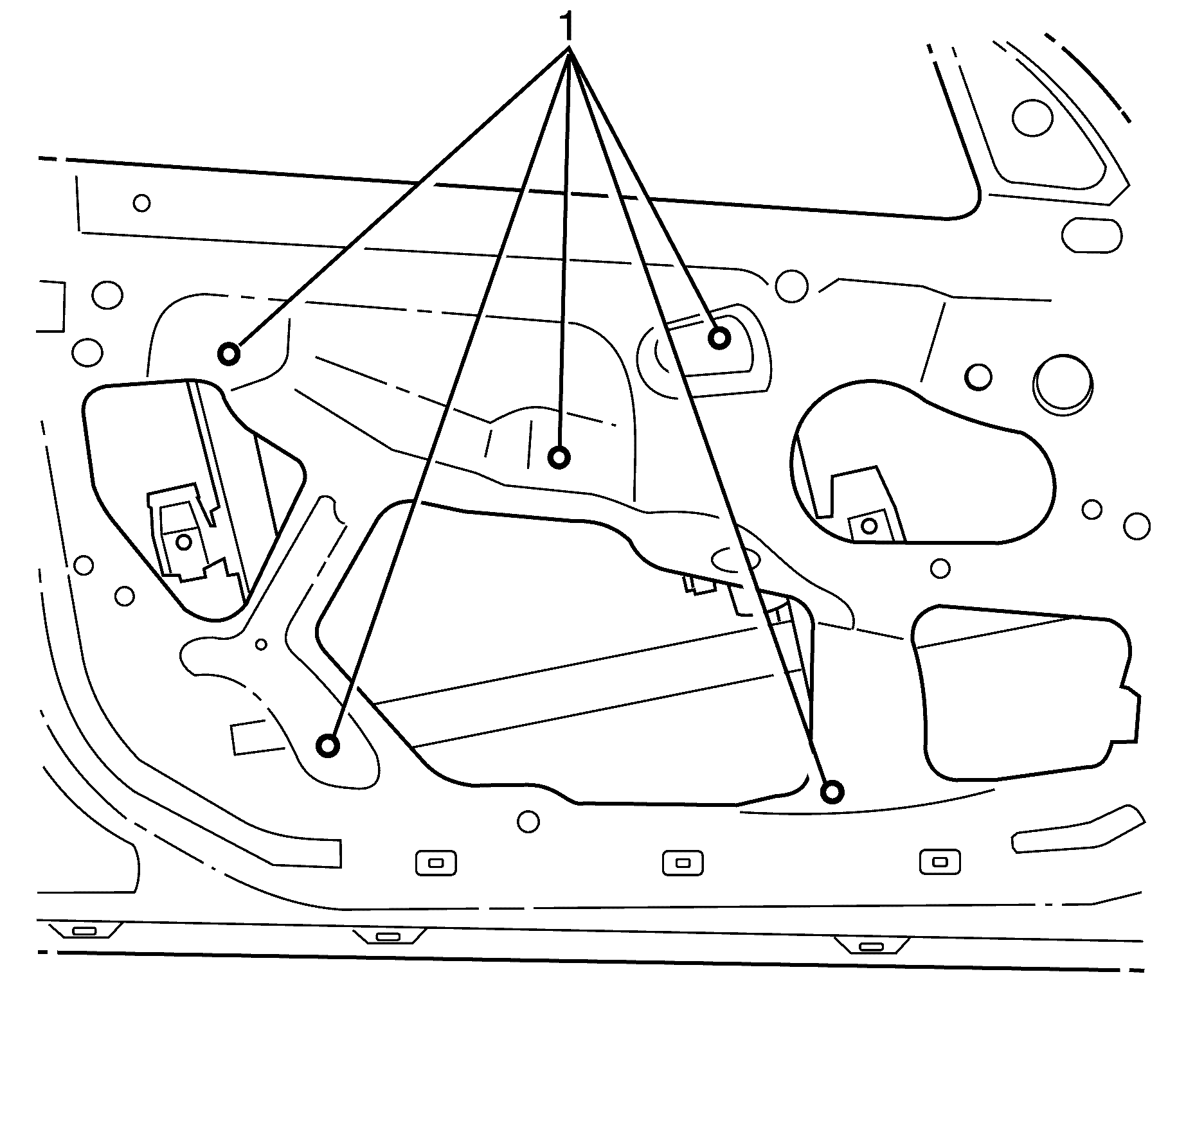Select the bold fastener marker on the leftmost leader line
tap(229, 353)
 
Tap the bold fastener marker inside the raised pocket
tap(719, 337)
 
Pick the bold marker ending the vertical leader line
tap(559, 457)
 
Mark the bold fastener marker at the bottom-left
tap(328, 746)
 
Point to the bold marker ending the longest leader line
tap(832, 792)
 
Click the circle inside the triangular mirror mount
tap(1032, 118)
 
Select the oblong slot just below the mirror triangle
tap(1092, 235)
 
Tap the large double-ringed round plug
tap(1063, 384)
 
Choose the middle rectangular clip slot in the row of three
tap(683, 863)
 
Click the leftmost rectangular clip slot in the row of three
tap(436, 863)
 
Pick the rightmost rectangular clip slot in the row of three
tap(940, 862)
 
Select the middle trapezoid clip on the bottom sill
tap(388, 936)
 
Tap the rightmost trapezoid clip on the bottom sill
tap(871, 946)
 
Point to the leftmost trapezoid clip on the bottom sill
tap(84, 930)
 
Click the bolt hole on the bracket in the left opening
tap(184, 542)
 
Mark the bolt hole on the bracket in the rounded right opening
tap(868, 526)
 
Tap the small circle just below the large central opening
tap(528, 821)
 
